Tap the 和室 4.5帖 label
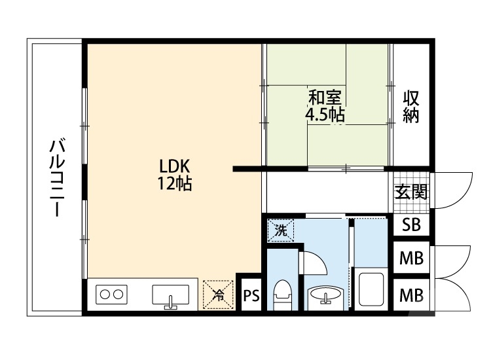click(325, 107)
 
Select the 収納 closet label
click(411, 107)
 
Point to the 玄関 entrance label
click(411, 192)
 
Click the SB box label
click(411, 225)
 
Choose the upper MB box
click(411, 258)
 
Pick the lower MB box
click(411, 295)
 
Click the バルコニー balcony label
click(56, 177)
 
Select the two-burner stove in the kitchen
click(111, 295)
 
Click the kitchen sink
click(170, 296)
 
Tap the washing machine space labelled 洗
click(280, 230)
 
